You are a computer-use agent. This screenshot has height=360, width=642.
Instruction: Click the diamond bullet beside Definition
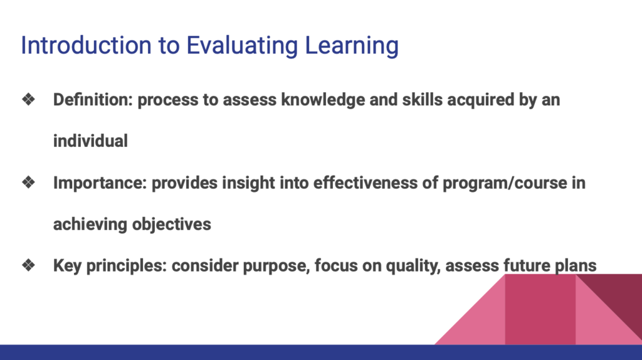(x=28, y=100)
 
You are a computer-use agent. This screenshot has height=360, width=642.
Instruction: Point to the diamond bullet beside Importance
(x=28, y=183)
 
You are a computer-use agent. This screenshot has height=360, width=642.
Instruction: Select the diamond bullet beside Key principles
(x=28, y=266)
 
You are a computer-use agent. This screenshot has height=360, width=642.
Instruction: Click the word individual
(x=90, y=141)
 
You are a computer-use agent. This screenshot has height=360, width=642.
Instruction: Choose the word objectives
(x=171, y=225)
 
